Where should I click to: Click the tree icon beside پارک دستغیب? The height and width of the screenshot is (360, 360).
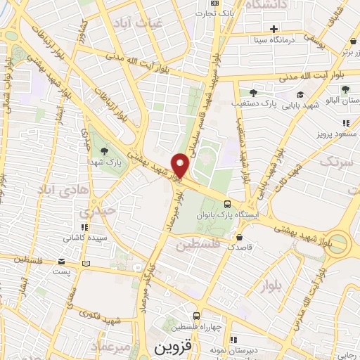(x=252, y=92)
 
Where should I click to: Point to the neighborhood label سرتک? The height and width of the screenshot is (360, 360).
(x=333, y=162)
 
